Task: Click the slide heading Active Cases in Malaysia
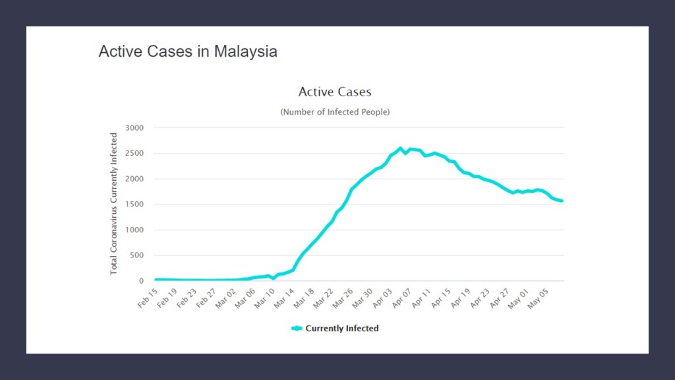click(x=188, y=51)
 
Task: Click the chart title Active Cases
click(x=335, y=92)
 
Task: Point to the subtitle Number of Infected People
click(x=335, y=112)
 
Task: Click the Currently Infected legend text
click(x=342, y=329)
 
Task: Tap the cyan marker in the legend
click(x=297, y=329)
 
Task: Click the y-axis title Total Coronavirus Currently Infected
click(x=114, y=204)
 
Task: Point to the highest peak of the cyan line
click(x=400, y=148)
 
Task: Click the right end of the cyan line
click(x=562, y=201)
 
